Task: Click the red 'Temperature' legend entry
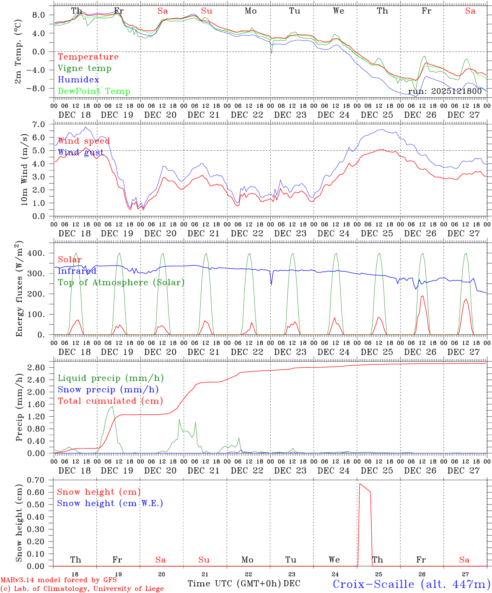88,57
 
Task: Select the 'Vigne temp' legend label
84,68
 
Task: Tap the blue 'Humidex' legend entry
78,80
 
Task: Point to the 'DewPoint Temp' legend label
94,91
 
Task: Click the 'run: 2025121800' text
445,91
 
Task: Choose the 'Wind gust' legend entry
81,152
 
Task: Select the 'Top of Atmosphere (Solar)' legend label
121,282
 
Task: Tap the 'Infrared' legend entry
77,271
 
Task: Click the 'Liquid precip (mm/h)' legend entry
111,378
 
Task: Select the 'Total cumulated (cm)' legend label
110,401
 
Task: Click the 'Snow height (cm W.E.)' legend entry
110,503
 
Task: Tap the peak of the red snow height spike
360,484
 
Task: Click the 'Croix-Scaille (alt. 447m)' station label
411,584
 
